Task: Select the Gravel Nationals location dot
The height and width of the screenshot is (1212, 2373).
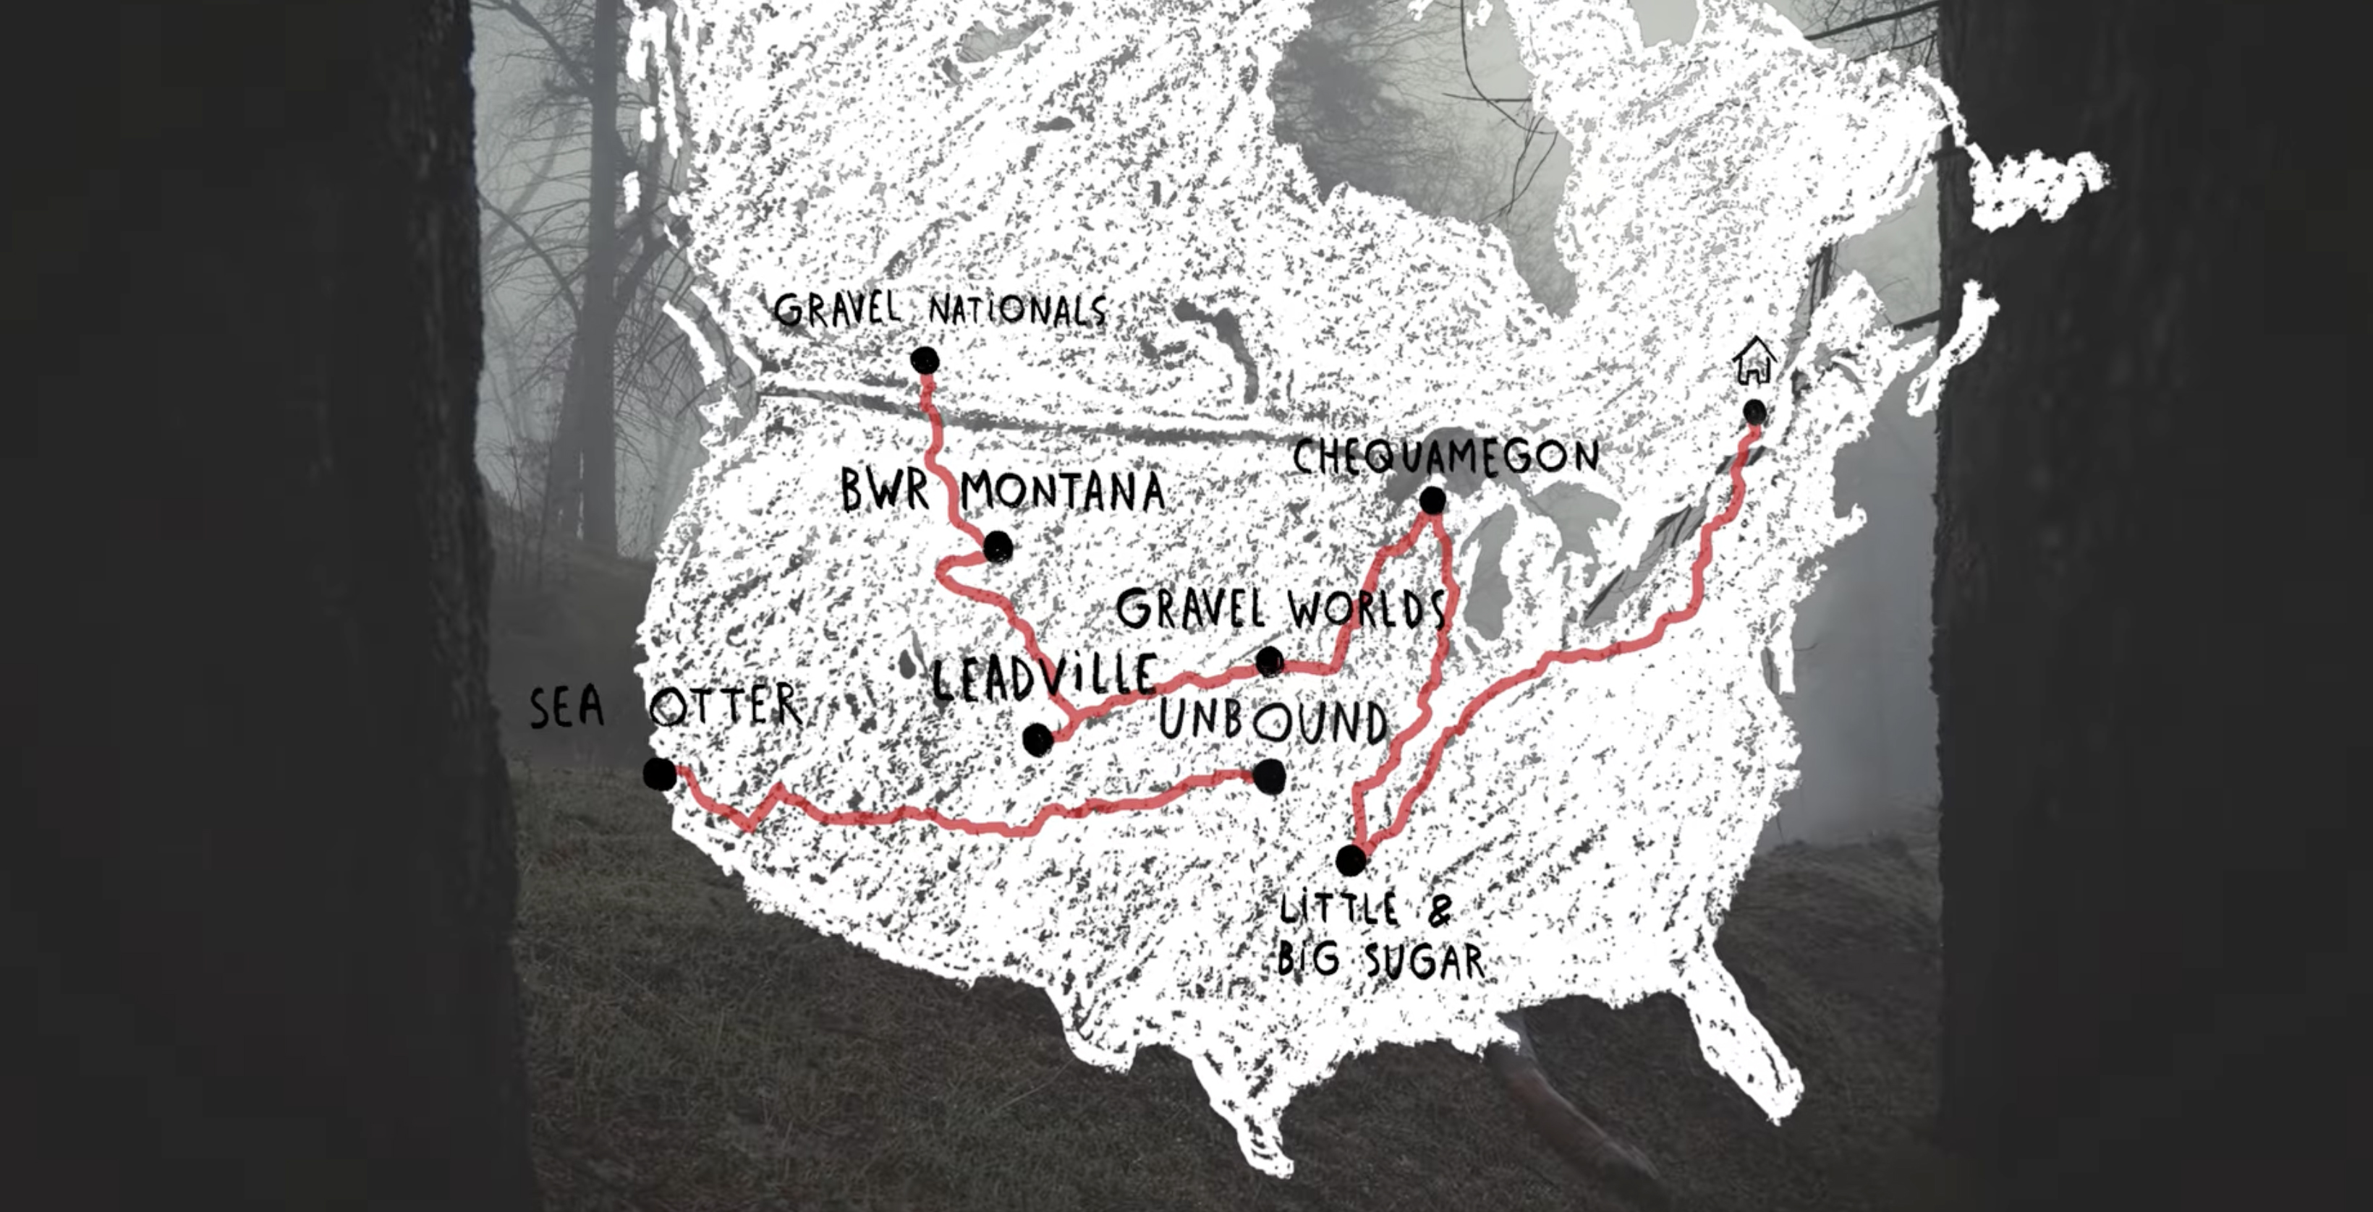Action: tap(924, 360)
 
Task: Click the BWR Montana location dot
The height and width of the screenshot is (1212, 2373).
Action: tap(998, 547)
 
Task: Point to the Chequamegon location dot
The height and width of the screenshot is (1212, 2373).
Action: tap(1432, 500)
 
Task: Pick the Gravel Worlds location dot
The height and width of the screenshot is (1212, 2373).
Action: tap(1270, 660)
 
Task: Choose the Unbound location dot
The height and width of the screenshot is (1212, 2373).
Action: tap(1270, 777)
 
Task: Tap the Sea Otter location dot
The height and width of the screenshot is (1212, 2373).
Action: tap(660, 774)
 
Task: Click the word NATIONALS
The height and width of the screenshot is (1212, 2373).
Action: tap(1017, 310)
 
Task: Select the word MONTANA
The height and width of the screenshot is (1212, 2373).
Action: tap(1063, 491)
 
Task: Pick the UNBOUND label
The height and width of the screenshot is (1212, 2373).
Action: tap(1273, 721)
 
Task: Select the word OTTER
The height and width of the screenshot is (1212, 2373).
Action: tap(726, 707)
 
